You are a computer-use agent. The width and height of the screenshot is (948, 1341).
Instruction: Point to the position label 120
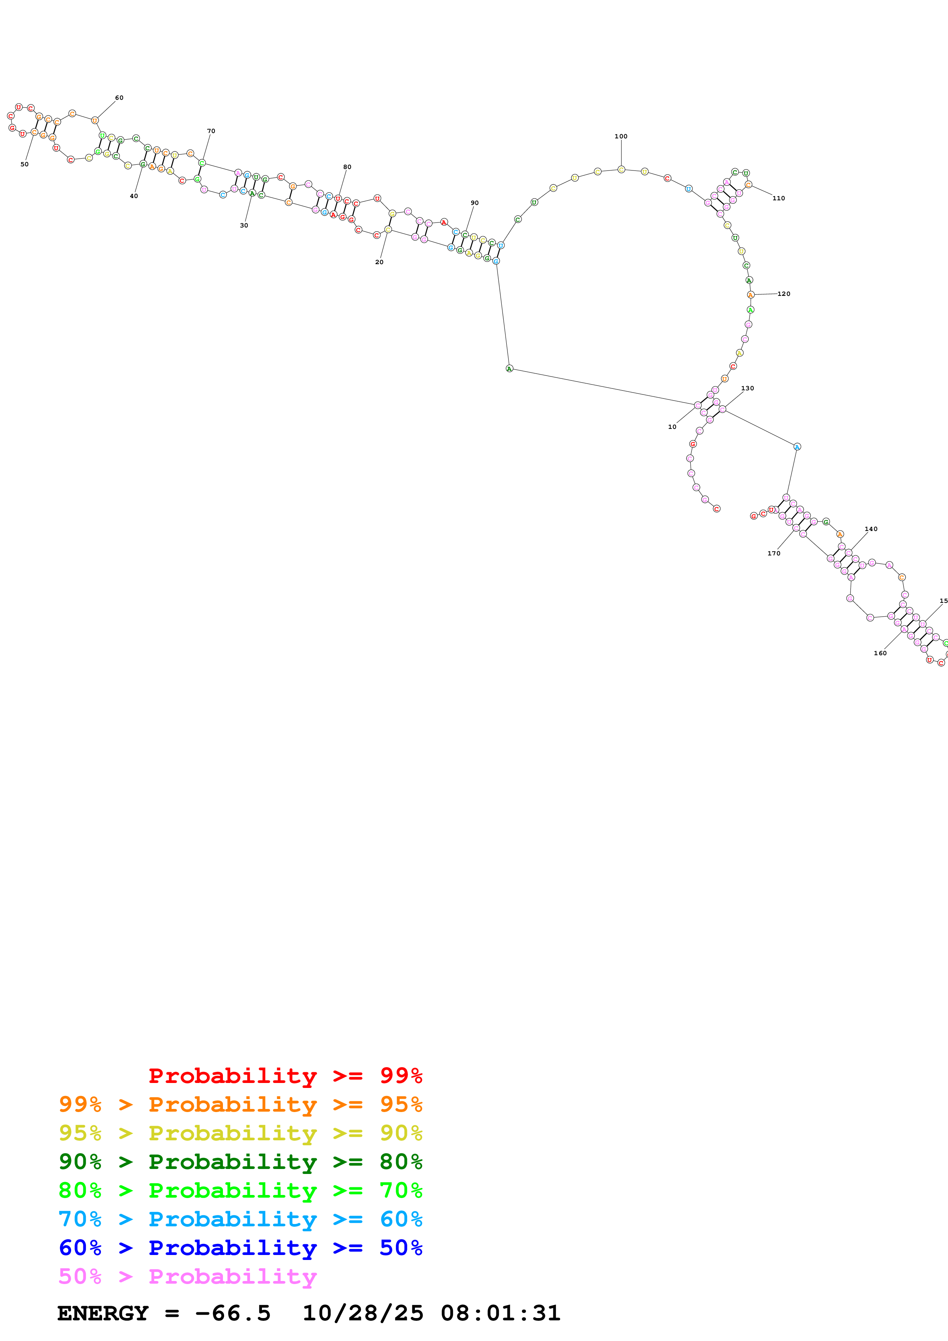[x=784, y=294]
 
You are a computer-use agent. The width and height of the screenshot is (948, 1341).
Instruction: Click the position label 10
[x=672, y=427]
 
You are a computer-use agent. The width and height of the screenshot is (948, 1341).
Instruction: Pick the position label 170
[x=774, y=554]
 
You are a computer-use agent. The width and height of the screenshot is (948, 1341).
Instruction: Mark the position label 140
[x=871, y=529]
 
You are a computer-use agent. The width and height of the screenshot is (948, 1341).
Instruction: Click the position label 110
[x=779, y=198]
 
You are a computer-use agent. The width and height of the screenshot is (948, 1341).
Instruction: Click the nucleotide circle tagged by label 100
[x=621, y=169]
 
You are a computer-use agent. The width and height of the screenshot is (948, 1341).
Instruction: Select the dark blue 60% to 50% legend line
[x=240, y=1248]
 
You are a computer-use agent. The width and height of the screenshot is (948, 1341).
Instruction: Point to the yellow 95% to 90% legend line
[x=240, y=1133]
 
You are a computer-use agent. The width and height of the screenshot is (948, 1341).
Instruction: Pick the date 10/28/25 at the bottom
[x=363, y=1313]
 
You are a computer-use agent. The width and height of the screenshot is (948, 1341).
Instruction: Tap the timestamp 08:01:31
[x=501, y=1313]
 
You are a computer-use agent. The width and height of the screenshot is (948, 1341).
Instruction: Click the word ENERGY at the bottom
[x=103, y=1313]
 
